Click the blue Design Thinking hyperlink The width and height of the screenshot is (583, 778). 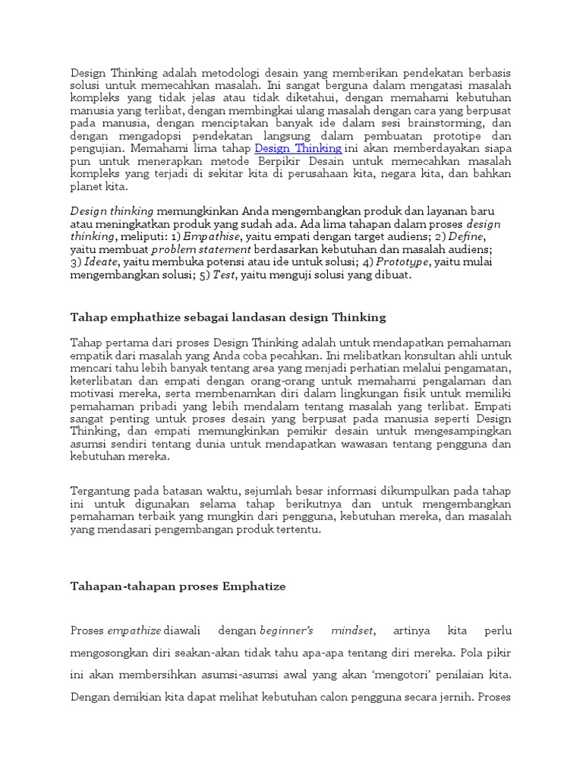click(x=298, y=148)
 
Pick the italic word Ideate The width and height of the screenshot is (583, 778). click(x=101, y=261)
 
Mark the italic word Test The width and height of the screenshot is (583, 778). click(x=223, y=274)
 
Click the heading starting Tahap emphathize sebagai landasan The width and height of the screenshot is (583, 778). click(x=228, y=317)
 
